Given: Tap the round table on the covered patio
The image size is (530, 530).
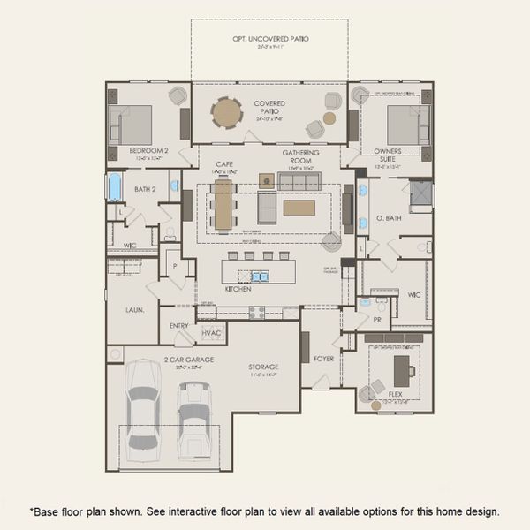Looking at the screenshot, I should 225,112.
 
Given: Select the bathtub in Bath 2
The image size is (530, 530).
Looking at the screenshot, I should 115,187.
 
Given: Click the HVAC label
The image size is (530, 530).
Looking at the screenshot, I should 211,333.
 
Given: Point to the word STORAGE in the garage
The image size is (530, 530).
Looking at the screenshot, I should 262,367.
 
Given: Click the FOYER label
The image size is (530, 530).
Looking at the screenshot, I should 323,359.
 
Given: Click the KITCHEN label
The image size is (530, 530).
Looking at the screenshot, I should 238,289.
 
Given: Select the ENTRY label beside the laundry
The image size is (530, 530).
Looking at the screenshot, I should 179,326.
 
